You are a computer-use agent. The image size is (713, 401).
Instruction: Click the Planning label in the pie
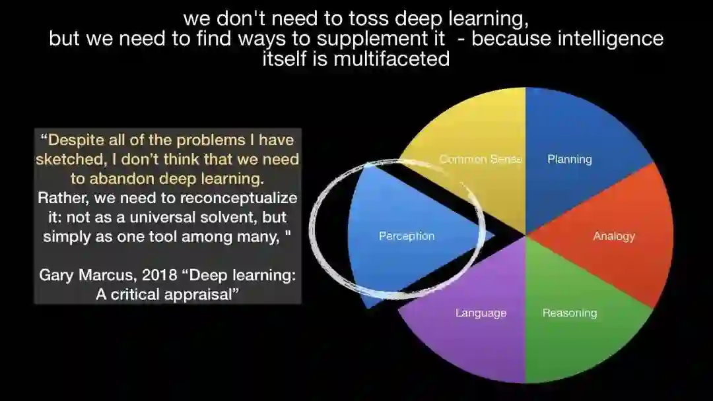click(x=569, y=159)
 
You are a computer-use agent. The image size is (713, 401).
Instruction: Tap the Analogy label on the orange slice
click(x=613, y=236)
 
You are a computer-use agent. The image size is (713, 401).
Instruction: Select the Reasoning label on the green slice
click(x=569, y=313)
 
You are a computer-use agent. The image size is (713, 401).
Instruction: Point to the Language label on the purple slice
click(x=481, y=313)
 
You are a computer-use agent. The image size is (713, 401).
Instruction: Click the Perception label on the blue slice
click(x=407, y=236)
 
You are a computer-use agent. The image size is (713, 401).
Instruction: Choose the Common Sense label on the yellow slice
click(x=481, y=159)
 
